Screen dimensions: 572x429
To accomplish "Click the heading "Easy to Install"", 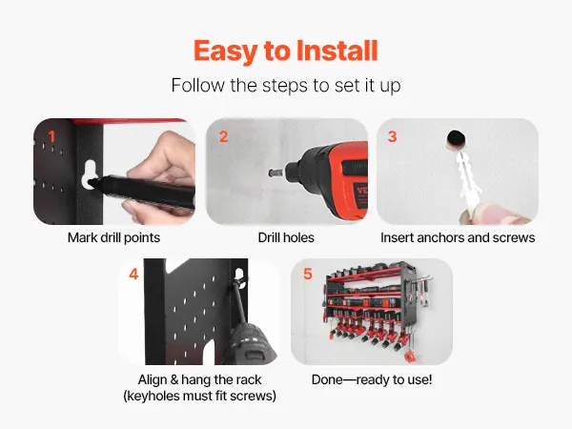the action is coord(286,51).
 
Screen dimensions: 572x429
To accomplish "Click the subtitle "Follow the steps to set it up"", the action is coord(286,86).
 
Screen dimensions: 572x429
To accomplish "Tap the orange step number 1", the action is coord(51,136).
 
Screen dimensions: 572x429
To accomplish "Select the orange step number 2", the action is coord(223,136).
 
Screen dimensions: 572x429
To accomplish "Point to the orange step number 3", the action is coord(392,136).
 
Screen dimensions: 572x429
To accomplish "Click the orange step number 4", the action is coord(133,274).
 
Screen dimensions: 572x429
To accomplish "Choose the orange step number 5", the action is coord(308,274).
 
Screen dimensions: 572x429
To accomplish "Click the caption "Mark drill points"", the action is coord(113,237).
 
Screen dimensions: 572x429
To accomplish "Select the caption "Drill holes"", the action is coord(286,237).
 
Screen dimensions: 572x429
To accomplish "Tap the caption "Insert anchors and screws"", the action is coord(458,237).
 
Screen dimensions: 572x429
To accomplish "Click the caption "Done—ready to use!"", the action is coord(372,379).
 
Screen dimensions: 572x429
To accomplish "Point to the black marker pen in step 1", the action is coord(142,191).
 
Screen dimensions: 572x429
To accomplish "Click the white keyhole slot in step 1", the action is coord(89,174).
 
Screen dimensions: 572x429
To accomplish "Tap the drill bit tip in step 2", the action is coord(272,173).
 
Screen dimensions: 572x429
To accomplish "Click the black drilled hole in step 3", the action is coord(456,138).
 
